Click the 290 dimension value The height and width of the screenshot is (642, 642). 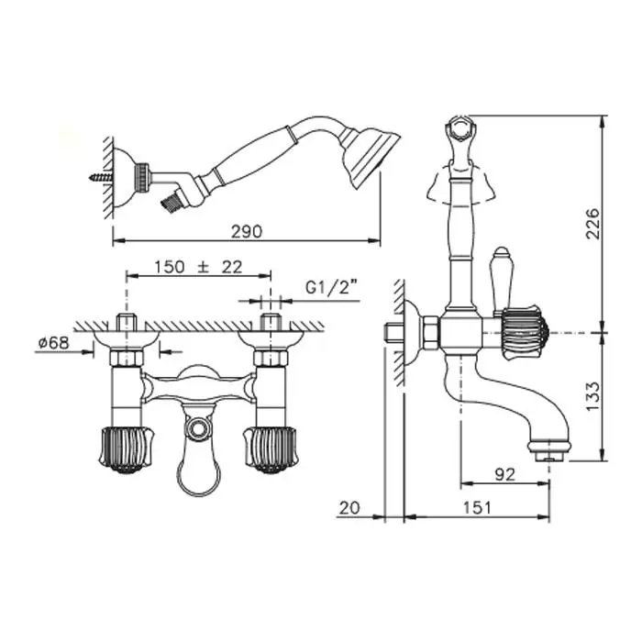click(247, 232)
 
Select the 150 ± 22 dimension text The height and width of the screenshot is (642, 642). click(198, 267)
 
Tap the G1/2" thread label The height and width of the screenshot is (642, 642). click(332, 288)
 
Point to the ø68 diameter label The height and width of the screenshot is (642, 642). click(53, 342)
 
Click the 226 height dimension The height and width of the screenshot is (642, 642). click(592, 224)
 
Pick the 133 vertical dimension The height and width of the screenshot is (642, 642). click(592, 396)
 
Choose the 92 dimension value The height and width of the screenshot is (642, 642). click(504, 474)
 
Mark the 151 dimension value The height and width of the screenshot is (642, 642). click(477, 508)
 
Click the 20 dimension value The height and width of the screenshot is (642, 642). click(349, 508)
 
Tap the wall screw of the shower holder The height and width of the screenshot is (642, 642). click(101, 177)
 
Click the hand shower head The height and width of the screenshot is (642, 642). click(370, 157)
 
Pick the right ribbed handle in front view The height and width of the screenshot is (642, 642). click(271, 450)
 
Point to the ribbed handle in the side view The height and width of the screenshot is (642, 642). click(525, 332)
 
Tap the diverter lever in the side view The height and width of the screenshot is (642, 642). click(501, 281)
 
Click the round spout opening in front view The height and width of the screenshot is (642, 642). click(199, 429)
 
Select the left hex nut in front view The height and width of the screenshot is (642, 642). click(127, 358)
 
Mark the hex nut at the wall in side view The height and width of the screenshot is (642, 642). click(431, 333)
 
